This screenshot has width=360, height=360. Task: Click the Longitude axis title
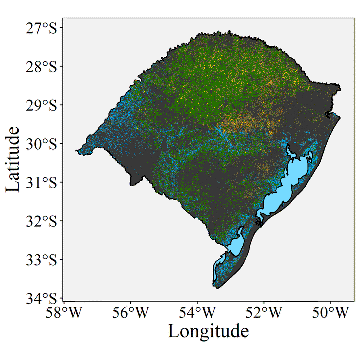point(208,331)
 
